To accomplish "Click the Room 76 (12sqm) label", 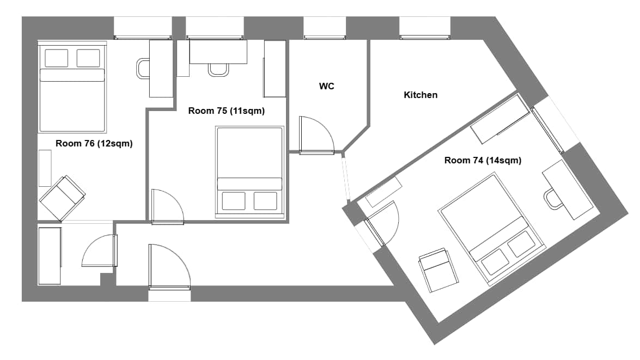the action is coord(94,143).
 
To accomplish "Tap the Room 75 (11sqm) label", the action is coord(226,111).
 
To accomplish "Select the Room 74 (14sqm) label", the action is coord(483,161).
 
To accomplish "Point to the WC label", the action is coord(326,86).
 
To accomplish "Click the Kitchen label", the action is coord(420,95).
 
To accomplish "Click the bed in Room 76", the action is coord(72,87).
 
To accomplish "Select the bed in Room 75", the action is coord(249,172).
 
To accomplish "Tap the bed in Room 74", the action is coord(492,229).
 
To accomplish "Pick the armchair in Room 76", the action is coord(62,198).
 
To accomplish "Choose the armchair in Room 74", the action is coord(438,270).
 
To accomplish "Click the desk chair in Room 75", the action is coord(218,70).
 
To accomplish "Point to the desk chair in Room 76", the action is coord(143,69).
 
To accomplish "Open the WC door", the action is coord(316,135).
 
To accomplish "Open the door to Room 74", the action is coord(382,224).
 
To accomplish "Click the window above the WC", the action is coord(325,28).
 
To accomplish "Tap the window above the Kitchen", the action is coord(425,28).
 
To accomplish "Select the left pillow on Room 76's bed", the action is coord(56,58).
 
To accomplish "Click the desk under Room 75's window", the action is coord(218,51).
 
